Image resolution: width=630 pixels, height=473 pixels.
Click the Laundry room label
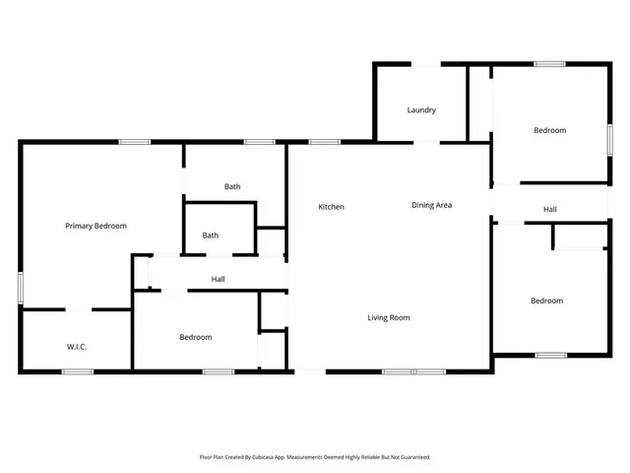click(x=421, y=110)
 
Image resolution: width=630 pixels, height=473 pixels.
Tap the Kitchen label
click(x=331, y=207)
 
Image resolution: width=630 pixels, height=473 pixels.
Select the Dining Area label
click(x=431, y=205)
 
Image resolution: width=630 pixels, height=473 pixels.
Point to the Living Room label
click(x=389, y=317)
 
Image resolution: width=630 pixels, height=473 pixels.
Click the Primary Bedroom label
click(x=95, y=226)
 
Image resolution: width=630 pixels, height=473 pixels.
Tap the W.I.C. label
click(x=78, y=346)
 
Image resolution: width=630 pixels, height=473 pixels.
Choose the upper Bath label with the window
click(x=232, y=186)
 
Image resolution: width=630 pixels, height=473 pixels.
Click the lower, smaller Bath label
click(x=211, y=236)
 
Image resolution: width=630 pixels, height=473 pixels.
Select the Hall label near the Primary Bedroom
click(x=219, y=280)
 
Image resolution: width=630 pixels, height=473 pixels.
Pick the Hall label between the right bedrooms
click(x=550, y=209)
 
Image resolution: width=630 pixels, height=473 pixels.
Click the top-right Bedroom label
click(x=549, y=130)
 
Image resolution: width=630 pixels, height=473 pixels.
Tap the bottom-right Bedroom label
click(x=546, y=301)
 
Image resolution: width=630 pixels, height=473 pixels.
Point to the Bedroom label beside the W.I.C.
click(x=196, y=337)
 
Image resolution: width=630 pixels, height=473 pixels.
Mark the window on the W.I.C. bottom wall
click(x=77, y=372)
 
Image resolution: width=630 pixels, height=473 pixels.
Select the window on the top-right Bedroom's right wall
click(x=609, y=138)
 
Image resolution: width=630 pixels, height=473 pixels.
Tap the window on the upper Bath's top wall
click(x=259, y=143)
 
